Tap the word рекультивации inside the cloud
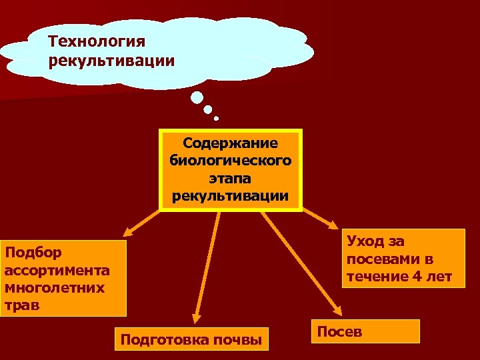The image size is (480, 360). point(112,61)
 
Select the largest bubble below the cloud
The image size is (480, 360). point(197,98)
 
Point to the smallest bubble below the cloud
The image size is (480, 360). point(217,119)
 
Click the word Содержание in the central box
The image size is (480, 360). point(231,144)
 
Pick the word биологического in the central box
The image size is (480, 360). point(231,161)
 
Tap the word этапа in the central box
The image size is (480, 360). point(231,179)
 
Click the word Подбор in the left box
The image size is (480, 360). point(33,253)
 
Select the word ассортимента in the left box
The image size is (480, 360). point(57,271)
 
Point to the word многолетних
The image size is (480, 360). point(54,288)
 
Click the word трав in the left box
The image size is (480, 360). point(21,305)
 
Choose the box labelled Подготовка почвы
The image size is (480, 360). point(191,340)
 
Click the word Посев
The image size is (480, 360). point(340,331)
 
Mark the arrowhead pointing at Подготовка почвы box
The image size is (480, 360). point(195,319)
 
